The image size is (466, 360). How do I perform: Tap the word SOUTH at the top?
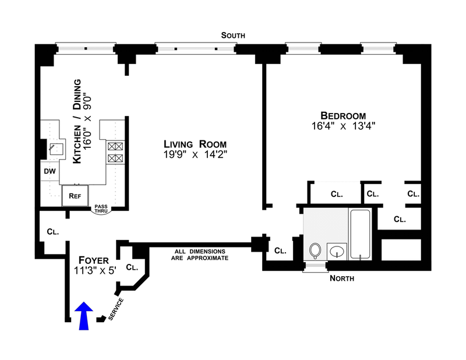233,36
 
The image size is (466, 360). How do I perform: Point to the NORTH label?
342,278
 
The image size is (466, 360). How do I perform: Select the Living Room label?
195,144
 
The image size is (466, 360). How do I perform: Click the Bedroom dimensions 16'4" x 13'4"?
343,126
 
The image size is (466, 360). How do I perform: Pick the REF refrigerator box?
75,196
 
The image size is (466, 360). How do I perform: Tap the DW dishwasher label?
50,171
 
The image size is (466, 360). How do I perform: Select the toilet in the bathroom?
315,250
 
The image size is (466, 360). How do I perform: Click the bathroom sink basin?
336,252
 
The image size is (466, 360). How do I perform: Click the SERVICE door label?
117,309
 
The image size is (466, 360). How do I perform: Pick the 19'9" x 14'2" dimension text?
195,155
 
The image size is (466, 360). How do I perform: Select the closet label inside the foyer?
132,268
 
